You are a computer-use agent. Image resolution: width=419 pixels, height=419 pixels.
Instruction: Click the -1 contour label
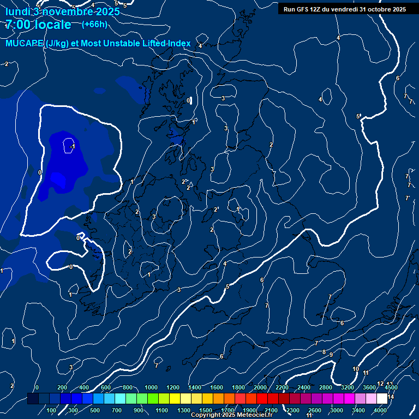tap(73, 146)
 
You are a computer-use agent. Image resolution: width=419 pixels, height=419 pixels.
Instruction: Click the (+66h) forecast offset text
tap(94, 24)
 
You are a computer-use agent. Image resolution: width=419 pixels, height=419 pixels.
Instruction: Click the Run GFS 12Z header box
tap(344, 9)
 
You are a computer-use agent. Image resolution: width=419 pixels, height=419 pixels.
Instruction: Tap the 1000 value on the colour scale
tap(151, 387)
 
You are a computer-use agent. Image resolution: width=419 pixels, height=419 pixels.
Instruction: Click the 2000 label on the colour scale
tap(260, 387)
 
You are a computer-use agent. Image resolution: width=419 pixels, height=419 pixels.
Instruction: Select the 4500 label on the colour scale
tap(391, 387)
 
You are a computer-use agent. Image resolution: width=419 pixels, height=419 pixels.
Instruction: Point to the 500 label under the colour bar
tap(95, 410)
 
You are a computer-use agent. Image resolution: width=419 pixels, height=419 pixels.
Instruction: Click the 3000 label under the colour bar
tap(337, 410)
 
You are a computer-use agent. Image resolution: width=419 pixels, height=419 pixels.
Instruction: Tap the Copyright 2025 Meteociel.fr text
tap(231, 415)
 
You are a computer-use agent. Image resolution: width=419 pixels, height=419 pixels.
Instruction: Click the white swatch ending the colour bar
tap(382, 399)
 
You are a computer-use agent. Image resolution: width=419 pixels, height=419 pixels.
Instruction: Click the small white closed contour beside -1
tap(68, 146)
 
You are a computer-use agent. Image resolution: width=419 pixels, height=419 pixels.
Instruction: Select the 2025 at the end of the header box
tap(398, 9)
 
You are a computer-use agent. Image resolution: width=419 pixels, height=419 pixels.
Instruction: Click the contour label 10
tap(356, 369)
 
